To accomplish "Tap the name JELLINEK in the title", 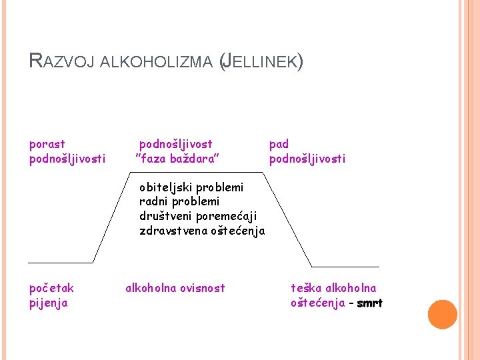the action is pyautogui.click(x=261, y=63).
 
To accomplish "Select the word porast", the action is pyautogui.click(x=47, y=144).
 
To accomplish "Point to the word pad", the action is pyautogui.click(x=279, y=144).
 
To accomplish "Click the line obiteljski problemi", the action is pyautogui.click(x=191, y=187).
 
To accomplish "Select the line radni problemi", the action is pyautogui.click(x=179, y=201).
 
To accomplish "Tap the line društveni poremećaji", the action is pyautogui.click(x=198, y=216).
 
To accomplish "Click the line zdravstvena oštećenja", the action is pyautogui.click(x=202, y=231).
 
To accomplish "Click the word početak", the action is pyautogui.click(x=52, y=288).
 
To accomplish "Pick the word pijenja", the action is pyautogui.click(x=49, y=303).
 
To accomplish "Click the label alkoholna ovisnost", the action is pyautogui.click(x=175, y=288).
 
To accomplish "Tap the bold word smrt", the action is pyautogui.click(x=370, y=303).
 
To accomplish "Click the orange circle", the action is pyautogui.click(x=442, y=315).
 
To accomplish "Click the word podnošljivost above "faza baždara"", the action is pyautogui.click(x=176, y=144).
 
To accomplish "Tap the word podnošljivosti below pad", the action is pyautogui.click(x=307, y=159).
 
